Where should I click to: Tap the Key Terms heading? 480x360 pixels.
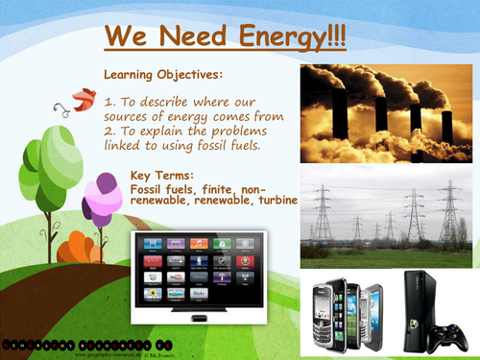coord(165,175)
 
